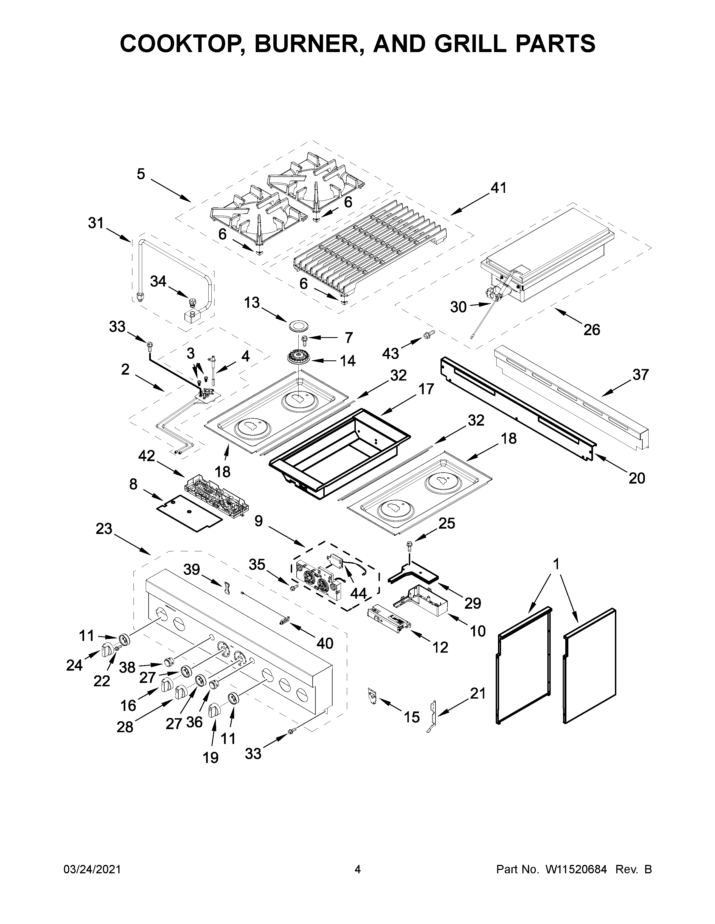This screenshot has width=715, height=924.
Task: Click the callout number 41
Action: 498,188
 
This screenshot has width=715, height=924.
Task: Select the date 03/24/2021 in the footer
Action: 92,869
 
